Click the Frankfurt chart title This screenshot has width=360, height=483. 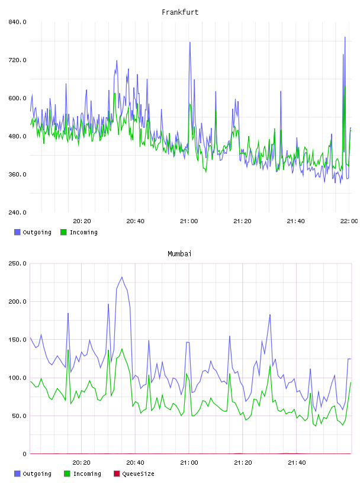pos(180,12)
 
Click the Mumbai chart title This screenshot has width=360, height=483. pos(179,254)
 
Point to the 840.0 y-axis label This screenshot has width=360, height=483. pos(18,22)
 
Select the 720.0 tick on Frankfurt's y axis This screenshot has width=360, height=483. pos(18,60)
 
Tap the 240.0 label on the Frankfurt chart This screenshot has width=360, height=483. pos(18,212)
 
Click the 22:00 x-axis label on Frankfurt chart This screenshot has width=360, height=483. pos(349,221)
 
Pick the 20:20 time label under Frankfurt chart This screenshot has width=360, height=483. pos(82,221)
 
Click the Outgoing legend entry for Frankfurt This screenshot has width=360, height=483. pos(33,232)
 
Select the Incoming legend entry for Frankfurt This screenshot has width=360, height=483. pos(79,232)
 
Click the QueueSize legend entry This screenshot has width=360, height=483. pos(134,474)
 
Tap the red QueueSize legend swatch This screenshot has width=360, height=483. pos(117,474)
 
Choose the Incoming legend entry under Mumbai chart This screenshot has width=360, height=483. pos(83,474)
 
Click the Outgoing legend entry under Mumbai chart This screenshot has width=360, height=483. pos(33,474)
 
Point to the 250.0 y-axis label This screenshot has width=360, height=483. pos(18,263)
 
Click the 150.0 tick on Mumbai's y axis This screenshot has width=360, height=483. pos(18,340)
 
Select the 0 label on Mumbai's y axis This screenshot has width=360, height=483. pos(24,454)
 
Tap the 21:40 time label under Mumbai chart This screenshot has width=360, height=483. pos(297,463)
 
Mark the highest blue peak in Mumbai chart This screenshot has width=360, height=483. pos(122,277)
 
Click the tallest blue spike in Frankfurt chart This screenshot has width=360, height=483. pos(345,37)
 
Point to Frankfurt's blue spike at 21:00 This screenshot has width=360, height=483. pos(190,43)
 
